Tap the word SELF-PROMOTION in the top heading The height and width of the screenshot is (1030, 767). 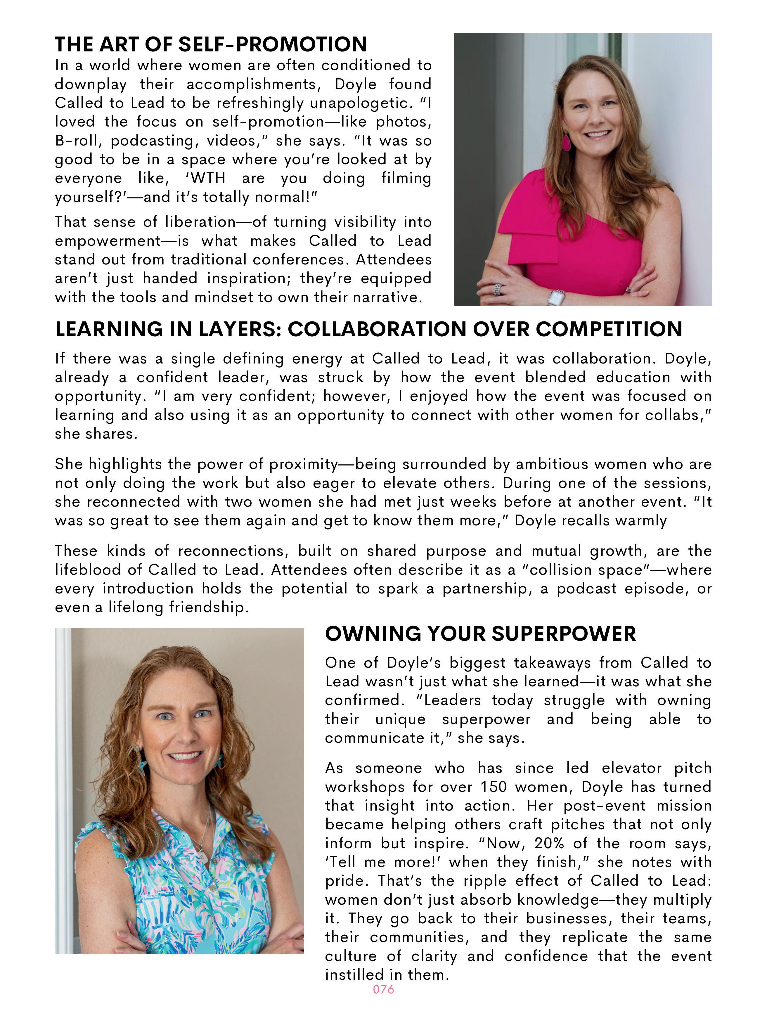click(x=273, y=45)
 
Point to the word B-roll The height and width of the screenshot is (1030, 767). click(x=77, y=141)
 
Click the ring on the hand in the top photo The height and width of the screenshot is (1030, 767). click(x=497, y=289)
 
